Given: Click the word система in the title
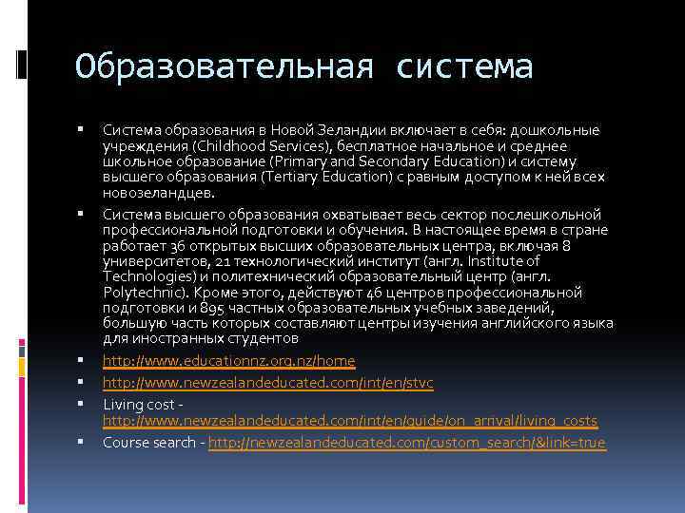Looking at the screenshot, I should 465,66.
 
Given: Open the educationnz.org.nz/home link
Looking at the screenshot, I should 229,360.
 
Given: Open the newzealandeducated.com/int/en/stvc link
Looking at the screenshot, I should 268,382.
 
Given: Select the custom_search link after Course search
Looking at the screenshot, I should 407,443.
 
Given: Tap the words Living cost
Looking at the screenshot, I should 139,404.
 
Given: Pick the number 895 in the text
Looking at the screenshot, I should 212,308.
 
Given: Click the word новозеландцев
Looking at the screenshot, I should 158,192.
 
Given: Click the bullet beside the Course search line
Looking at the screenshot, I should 84,442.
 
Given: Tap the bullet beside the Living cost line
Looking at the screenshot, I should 84,404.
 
